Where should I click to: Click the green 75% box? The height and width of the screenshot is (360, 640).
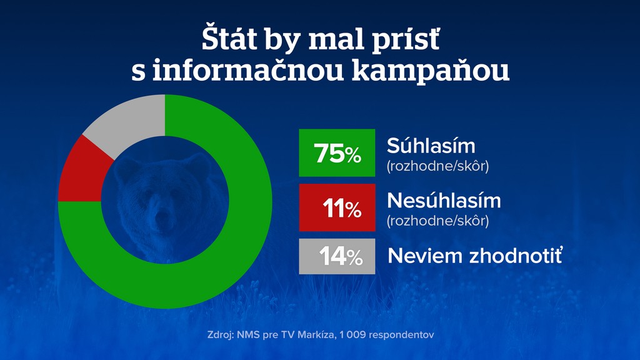coord(337,153)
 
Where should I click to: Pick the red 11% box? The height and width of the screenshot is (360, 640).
coord(337,208)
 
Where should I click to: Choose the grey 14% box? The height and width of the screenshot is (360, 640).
coord(337,256)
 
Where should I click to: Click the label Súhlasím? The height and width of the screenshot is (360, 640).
coord(431,146)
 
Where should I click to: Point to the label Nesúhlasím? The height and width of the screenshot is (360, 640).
coord(444,201)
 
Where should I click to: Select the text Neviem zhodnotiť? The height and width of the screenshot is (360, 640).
coord(475,256)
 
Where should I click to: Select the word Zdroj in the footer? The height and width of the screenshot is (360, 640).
coord(220,335)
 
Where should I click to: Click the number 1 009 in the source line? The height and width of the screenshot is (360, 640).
coord(353,335)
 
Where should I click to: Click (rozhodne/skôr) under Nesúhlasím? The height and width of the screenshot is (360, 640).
coord(437,221)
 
